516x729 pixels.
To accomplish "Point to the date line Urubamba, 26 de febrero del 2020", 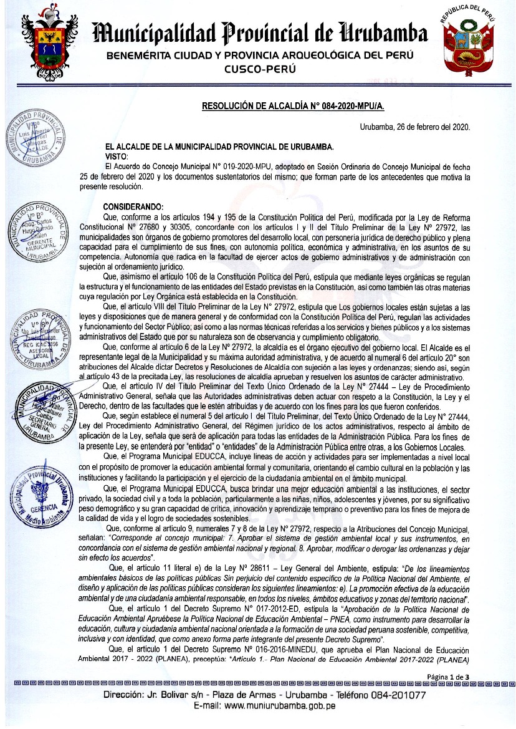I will point(415,127).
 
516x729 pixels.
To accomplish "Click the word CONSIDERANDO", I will point(133,207).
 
